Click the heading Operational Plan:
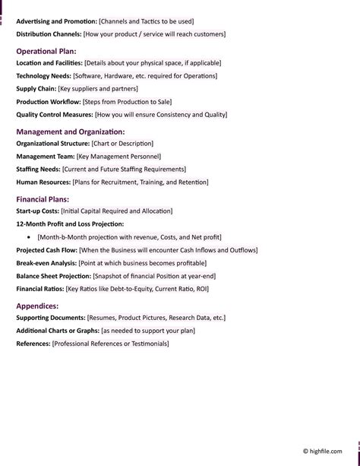click(x=46, y=51)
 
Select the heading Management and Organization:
click(x=71, y=132)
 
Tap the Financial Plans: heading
click(x=43, y=199)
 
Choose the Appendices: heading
click(x=37, y=306)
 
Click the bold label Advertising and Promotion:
click(x=56, y=22)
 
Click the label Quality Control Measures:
click(x=55, y=115)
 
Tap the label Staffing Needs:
click(x=38, y=169)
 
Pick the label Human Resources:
click(x=43, y=182)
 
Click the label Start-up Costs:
click(x=38, y=211)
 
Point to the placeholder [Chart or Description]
click(x=122, y=143)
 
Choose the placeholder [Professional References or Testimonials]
click(x=110, y=344)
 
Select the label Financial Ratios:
click(x=40, y=289)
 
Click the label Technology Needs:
click(x=44, y=76)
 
